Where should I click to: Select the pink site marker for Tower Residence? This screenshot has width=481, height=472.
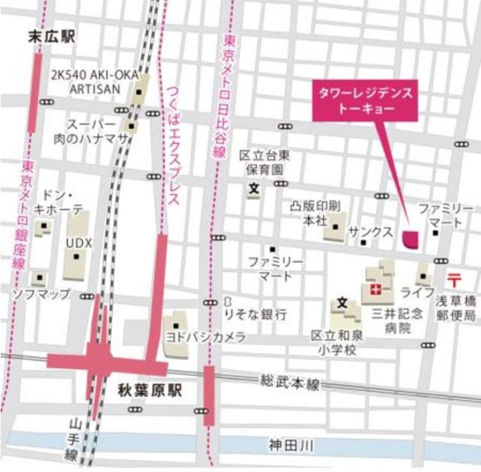point(411,238)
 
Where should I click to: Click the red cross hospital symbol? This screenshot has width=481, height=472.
point(374,290)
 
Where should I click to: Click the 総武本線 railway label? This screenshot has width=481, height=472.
point(289,383)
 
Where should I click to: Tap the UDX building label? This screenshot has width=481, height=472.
point(78,243)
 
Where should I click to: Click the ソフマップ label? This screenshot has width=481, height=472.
point(42,294)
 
